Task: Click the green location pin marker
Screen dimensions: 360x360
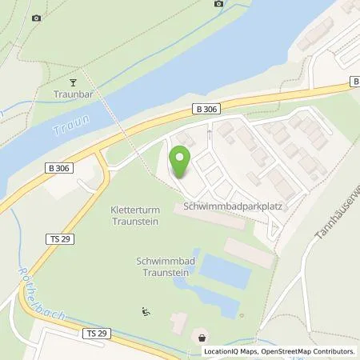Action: (x=180, y=162)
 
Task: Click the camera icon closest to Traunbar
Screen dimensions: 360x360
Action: (x=36, y=18)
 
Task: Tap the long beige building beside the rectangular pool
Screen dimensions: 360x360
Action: (x=250, y=254)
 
